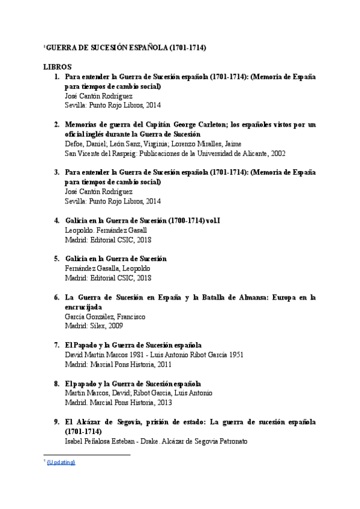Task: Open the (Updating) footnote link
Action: [x=61, y=462]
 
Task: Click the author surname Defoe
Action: [x=74, y=144]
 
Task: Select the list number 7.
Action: [x=56, y=345]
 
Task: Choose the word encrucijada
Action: [x=84, y=307]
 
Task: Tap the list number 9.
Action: [x=56, y=422]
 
